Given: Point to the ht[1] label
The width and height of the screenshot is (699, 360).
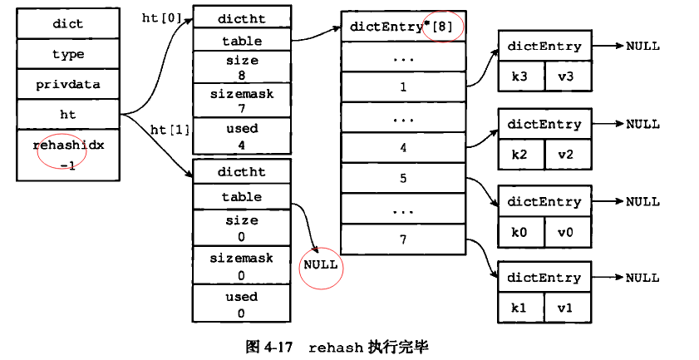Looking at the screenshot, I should click(170, 130).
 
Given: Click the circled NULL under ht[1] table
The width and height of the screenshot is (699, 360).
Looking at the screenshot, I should click(320, 264).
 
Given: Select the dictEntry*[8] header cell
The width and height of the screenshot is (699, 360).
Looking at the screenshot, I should click(403, 27).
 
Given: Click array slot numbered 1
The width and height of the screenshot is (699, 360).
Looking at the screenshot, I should click(403, 86).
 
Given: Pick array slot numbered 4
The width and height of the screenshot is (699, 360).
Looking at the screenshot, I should click(403, 148).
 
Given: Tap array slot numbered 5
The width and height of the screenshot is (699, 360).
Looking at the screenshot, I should click(403, 178).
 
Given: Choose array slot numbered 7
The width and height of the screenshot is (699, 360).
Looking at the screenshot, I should click(403, 239).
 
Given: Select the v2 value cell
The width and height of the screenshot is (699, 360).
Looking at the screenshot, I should click(566, 154).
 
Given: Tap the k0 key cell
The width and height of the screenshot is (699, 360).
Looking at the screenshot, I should click(519, 231).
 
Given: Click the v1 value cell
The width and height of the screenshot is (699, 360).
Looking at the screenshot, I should click(566, 308).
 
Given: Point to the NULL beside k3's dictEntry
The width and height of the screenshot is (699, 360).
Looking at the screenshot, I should click(642, 47).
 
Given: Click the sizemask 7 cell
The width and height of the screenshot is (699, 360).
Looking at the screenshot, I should click(242, 101).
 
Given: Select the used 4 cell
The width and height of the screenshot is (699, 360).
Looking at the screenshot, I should click(242, 136).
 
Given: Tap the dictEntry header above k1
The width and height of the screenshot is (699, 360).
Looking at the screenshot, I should click(544, 278).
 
